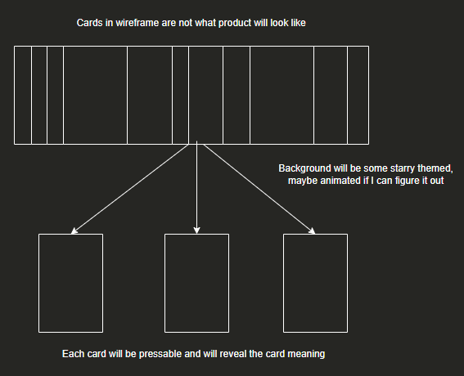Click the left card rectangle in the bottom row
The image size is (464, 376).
coord(70,283)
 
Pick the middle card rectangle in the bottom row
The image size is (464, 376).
coord(196,283)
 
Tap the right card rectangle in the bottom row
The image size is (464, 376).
coord(315,283)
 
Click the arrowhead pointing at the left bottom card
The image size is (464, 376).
coord(74,231)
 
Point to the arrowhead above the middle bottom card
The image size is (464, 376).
coord(196,230)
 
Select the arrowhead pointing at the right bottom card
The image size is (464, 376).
coord(313,231)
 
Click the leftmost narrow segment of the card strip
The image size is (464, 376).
coord(23,95)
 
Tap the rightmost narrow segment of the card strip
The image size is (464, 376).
coord(358,95)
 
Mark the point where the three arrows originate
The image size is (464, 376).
coord(196,145)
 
